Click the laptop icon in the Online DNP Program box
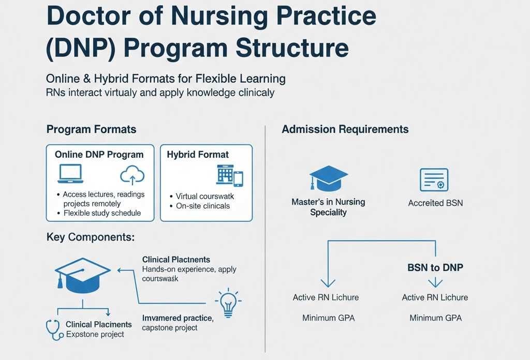coord(70,174)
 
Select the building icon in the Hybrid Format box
coord(224,175)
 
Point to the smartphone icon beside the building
coord(238,178)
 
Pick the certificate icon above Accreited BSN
coord(434,180)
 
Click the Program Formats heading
coord(91,129)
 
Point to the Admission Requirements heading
coord(345,129)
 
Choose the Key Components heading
coord(91,237)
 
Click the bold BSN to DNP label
coord(435,267)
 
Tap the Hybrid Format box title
coord(198,155)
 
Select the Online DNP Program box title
coord(99,155)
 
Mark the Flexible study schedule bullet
coord(101,213)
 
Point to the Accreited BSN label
coord(435,203)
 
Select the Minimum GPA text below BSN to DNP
coord(435,318)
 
